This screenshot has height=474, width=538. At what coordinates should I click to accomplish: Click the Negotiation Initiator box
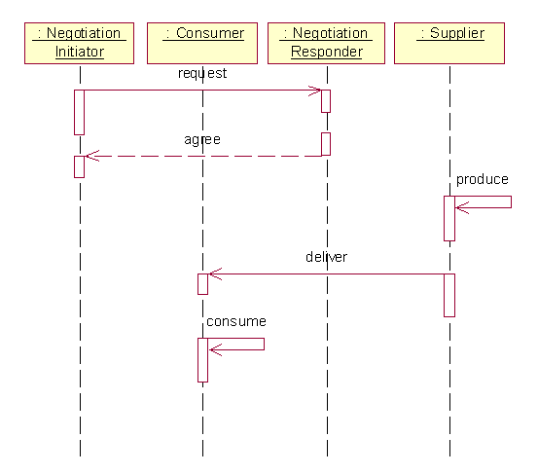[79, 43]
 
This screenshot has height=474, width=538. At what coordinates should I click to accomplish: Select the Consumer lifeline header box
[202, 43]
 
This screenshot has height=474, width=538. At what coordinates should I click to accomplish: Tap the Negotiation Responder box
[326, 43]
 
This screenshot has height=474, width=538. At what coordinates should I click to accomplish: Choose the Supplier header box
[449, 43]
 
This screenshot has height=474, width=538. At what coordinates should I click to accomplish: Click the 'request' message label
[202, 73]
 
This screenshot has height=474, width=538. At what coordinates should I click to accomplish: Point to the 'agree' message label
[202, 140]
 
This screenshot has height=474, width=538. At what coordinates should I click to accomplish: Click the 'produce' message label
[483, 179]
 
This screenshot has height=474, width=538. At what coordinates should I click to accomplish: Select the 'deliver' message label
[326, 257]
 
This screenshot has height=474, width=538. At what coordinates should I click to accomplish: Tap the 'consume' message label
[236, 321]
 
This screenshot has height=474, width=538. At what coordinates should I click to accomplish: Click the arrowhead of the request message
[320, 91]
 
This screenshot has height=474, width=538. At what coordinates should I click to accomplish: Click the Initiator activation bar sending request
[79, 112]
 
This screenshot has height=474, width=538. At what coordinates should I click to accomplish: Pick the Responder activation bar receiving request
[326, 101]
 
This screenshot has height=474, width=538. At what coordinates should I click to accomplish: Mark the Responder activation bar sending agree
[326, 144]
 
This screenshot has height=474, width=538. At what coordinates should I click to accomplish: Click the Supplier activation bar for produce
[449, 218]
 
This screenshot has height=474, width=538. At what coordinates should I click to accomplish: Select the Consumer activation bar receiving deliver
[202, 284]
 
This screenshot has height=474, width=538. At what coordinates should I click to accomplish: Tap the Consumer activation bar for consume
[202, 360]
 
